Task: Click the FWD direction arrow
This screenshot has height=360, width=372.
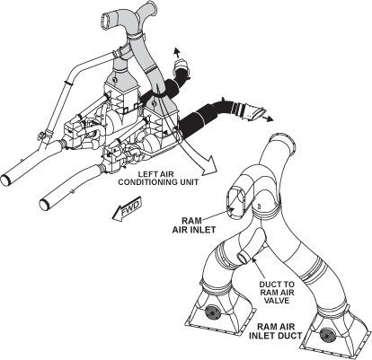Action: pyautogui.click(x=127, y=209)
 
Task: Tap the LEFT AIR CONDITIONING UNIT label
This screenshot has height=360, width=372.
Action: pyautogui.click(x=158, y=178)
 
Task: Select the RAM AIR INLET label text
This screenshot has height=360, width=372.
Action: pyautogui.click(x=194, y=225)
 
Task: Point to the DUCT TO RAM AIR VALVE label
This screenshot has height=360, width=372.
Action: pyautogui.click(x=277, y=293)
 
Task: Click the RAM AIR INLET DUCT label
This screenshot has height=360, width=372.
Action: pyautogui.click(x=275, y=331)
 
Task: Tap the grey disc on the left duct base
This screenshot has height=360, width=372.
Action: pyautogui.click(x=213, y=313)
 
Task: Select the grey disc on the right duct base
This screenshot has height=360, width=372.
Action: pyautogui.click(x=327, y=334)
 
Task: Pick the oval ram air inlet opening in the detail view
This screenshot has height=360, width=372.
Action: pyautogui.click(x=236, y=199)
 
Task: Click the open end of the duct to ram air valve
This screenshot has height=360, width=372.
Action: pyautogui.click(x=242, y=258)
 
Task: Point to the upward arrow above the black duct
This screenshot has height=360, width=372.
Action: pyautogui.click(x=177, y=53)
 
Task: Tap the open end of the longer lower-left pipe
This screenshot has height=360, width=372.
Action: pyautogui.click(x=5, y=180)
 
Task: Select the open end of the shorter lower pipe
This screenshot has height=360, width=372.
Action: pyautogui.click(x=44, y=205)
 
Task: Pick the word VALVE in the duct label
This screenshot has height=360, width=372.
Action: pyautogui.click(x=277, y=300)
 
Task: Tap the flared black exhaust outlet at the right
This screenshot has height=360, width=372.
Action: pyautogui.click(x=254, y=114)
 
